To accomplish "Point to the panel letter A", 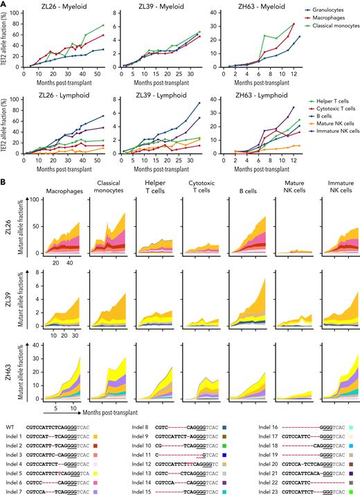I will click(x=3, y=4).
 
